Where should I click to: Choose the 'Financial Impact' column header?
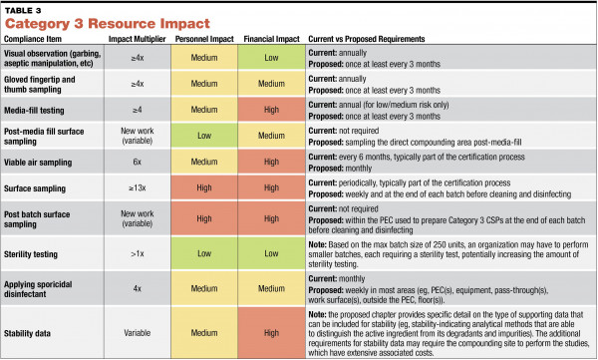(272, 39)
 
